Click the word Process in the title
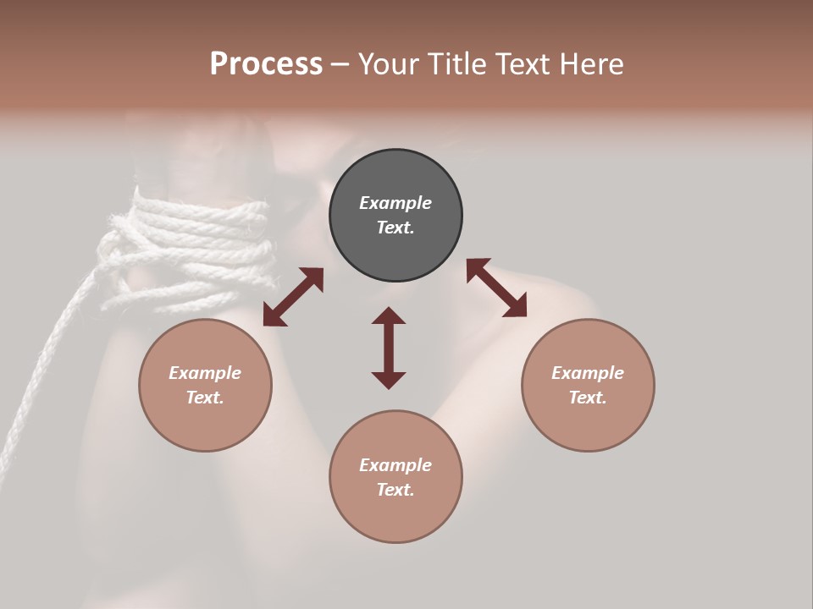click(266, 64)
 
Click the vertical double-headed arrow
click(389, 348)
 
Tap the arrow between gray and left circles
click(293, 297)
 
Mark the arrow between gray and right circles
click(496, 288)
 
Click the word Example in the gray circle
click(395, 203)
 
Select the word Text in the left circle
click(204, 398)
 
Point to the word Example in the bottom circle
click(395, 465)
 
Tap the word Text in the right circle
click(587, 398)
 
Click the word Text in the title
click(525, 64)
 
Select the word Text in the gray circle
click(395, 228)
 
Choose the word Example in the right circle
click(588, 373)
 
